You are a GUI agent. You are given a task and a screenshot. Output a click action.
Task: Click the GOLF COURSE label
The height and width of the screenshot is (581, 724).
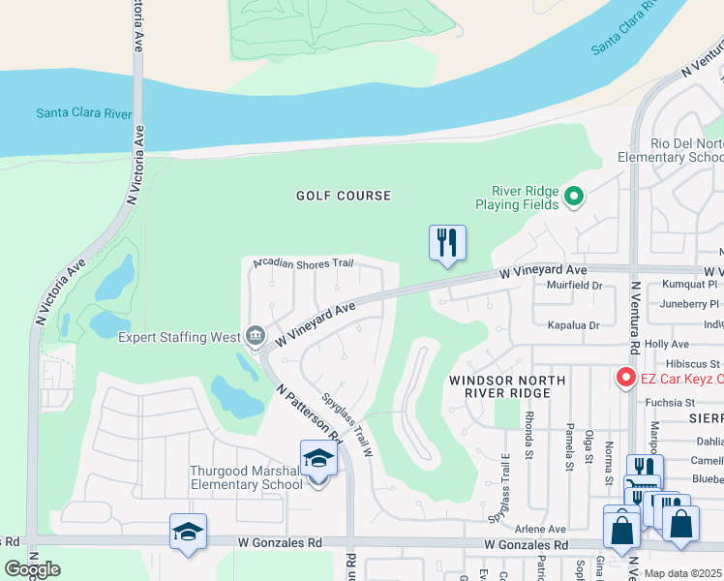coord(344,196)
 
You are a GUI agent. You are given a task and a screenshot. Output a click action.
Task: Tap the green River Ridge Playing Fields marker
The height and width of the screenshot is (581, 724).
coord(574,198)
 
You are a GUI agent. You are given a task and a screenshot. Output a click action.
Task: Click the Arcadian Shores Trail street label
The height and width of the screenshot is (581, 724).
coord(303,262)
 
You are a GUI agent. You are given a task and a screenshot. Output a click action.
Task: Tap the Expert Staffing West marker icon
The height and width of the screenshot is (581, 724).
coord(255,336)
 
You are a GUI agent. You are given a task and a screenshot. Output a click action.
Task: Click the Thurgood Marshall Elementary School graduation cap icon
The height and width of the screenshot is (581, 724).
coord(317,457)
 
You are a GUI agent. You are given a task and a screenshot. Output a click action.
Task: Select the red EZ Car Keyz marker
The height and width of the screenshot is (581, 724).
coord(625,376)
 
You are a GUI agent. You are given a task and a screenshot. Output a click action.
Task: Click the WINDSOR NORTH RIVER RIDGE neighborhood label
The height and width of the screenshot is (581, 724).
coord(512,386)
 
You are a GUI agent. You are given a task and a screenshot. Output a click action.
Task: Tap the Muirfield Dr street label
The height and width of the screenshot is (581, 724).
coord(575,286)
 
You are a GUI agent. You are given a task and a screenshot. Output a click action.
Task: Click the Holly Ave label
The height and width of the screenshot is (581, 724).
coord(666,344)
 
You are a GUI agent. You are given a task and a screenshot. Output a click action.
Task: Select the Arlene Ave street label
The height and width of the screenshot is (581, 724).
coord(540,530)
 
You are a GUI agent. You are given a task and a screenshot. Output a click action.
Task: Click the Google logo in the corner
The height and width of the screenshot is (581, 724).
coord(32,568)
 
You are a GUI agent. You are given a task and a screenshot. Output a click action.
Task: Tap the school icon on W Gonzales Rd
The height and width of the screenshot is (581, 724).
coord(189,532)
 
